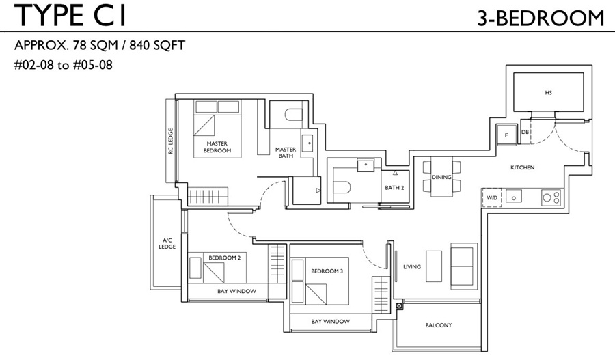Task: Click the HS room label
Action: (548, 93)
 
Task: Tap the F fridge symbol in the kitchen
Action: (506, 135)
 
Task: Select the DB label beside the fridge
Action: (525, 132)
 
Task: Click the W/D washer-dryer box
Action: (492, 198)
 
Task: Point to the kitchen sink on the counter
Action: (513, 195)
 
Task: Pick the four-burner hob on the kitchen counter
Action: (551, 197)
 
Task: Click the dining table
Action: (441, 177)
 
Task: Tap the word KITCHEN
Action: (523, 167)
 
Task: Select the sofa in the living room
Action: (464, 266)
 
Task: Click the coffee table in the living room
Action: (434, 266)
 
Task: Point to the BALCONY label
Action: (439, 325)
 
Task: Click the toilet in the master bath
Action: (294, 115)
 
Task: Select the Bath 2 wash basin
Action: (366, 165)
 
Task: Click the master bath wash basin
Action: (307, 141)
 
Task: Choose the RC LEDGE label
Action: (171, 141)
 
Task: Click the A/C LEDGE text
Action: (167, 243)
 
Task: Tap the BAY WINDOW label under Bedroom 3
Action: (330, 322)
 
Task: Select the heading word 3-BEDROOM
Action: (541, 18)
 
